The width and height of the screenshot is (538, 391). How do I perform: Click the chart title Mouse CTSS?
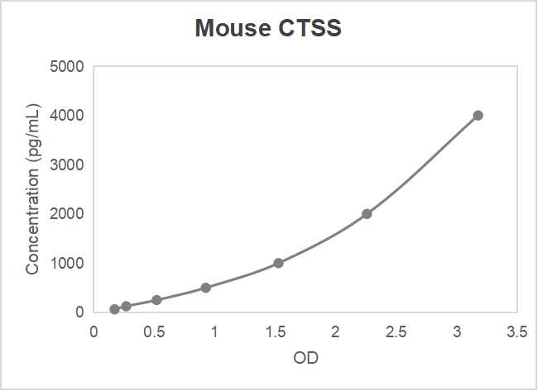(x=268, y=29)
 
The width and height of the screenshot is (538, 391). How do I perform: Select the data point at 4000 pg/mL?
(x=478, y=116)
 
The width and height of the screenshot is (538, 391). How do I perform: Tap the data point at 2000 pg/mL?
(x=367, y=214)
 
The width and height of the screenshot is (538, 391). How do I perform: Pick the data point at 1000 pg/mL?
(x=278, y=263)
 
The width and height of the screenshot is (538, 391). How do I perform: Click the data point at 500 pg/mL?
(x=205, y=288)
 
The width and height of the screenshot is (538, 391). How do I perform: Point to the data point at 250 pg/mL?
(x=156, y=300)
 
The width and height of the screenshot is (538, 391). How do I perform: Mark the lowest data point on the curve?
(x=114, y=309)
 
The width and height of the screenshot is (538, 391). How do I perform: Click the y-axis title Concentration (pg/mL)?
(x=32, y=189)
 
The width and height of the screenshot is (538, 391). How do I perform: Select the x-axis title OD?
(x=305, y=360)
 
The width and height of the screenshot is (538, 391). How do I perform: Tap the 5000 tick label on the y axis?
(x=67, y=67)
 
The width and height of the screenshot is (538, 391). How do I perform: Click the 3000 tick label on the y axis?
(x=67, y=165)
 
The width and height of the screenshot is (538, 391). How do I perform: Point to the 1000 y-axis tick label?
(x=67, y=264)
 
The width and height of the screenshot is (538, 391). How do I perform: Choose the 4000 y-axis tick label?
(x=67, y=116)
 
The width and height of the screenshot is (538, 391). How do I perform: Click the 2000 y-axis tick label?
(x=67, y=214)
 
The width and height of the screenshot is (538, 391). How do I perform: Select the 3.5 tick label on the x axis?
(x=517, y=332)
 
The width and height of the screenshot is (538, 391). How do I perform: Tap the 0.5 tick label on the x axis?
(x=154, y=332)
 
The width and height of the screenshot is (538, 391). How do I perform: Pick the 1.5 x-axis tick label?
(x=276, y=332)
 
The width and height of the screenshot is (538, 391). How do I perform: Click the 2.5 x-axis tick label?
(x=396, y=332)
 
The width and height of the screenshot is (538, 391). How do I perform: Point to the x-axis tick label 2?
(x=336, y=332)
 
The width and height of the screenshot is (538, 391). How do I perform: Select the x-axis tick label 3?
(x=457, y=332)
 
